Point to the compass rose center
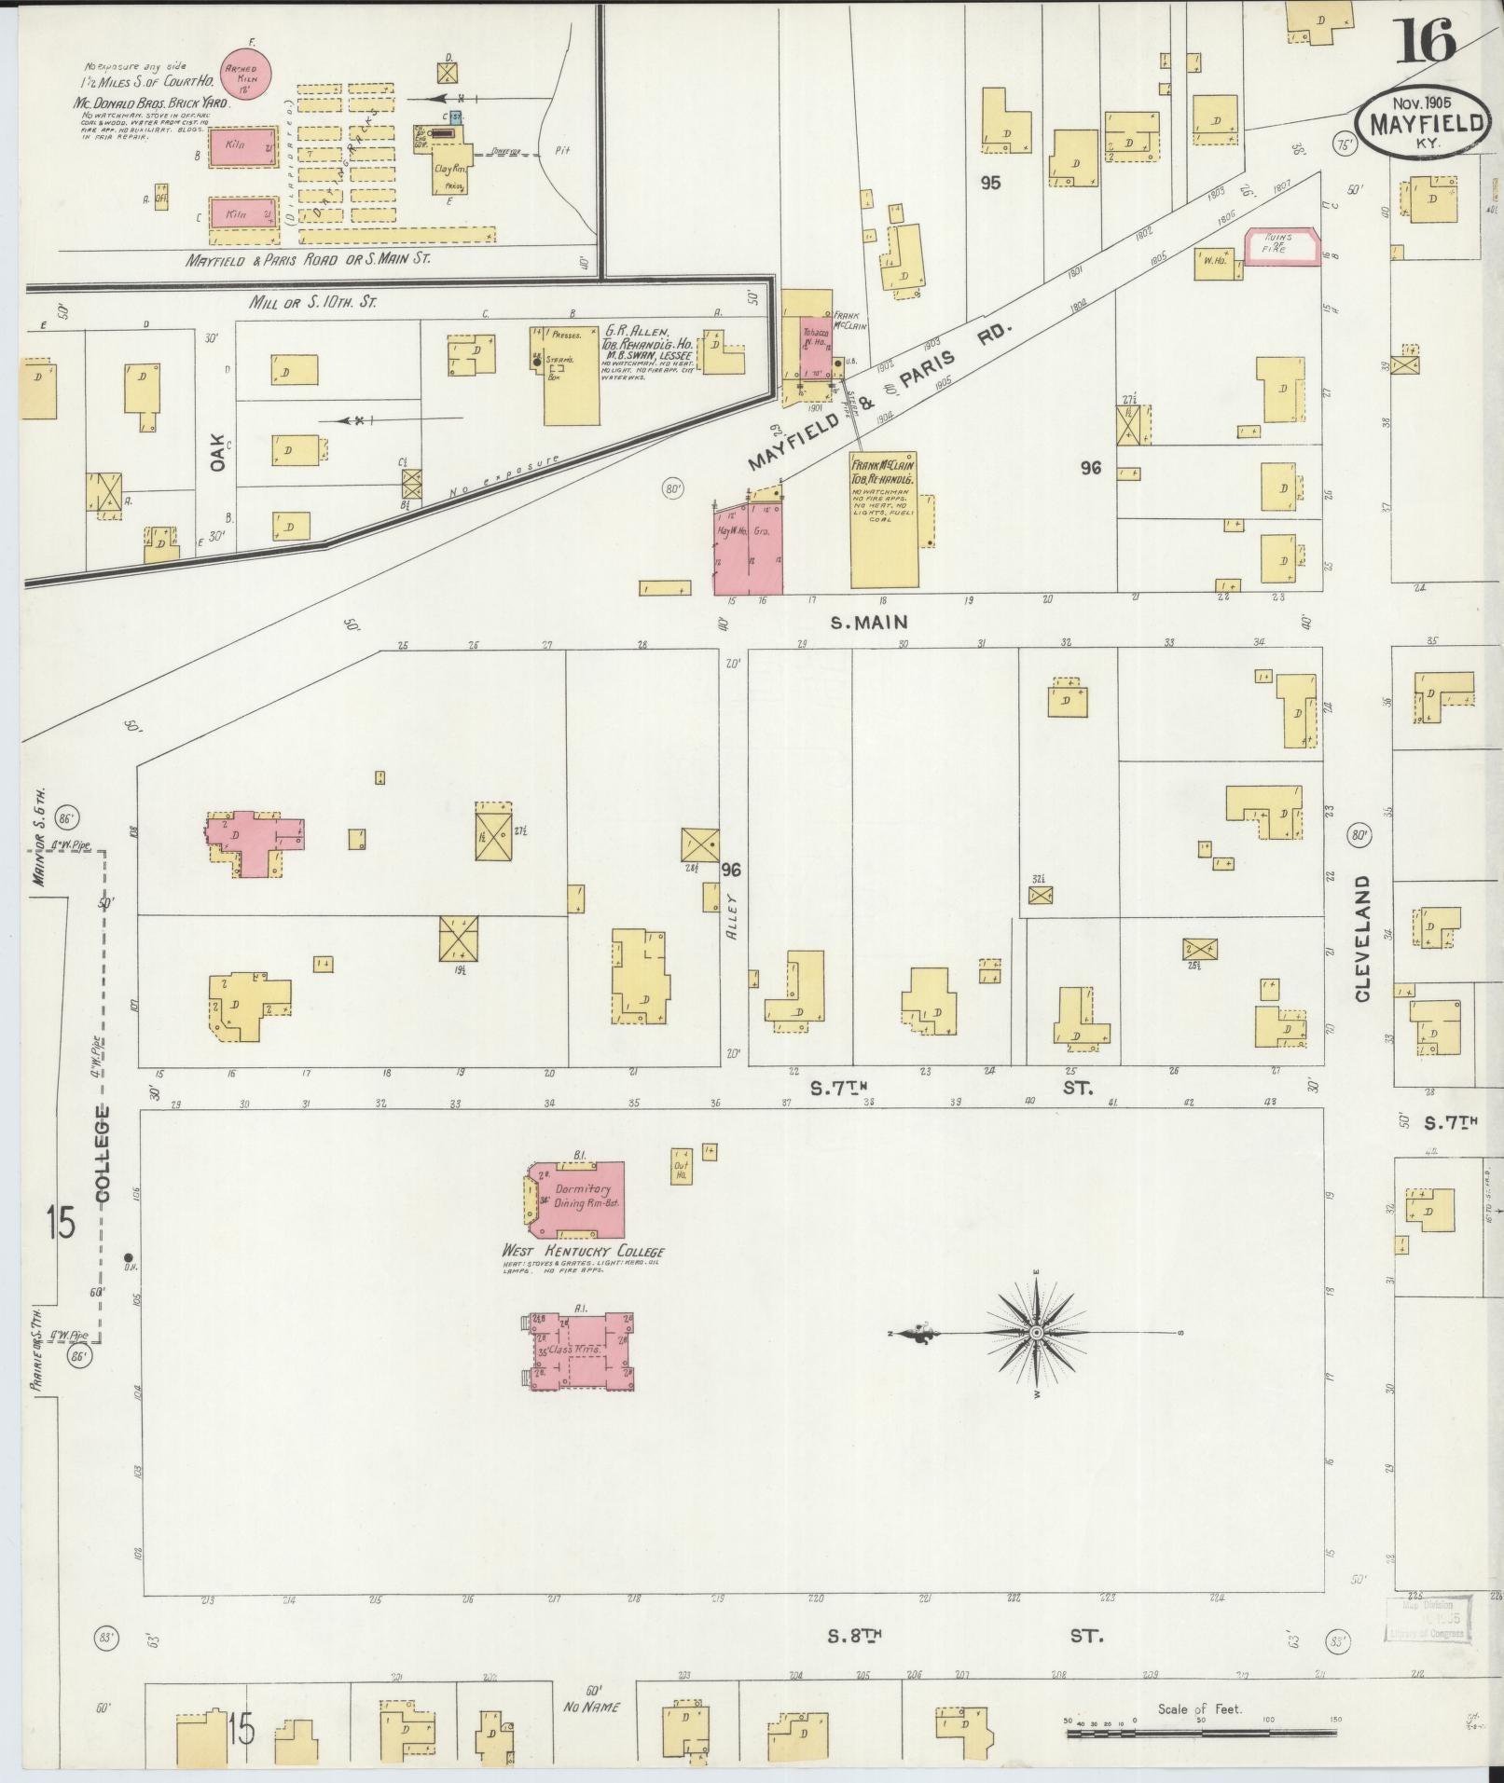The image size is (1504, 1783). coord(1035,1334)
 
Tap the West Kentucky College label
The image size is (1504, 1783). coord(583,1251)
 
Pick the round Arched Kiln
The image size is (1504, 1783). coord(246,74)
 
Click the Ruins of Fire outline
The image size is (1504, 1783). coord(1284,247)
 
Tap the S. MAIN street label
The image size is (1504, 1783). coord(869,623)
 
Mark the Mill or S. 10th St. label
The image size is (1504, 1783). coord(309,302)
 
